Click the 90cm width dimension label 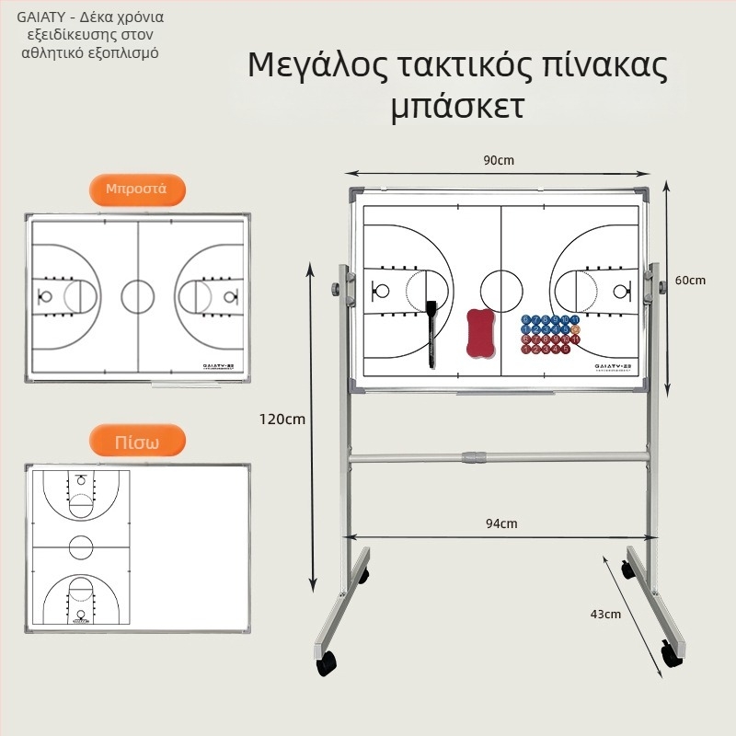pos(499,160)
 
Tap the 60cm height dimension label pos(691,280)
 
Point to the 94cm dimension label pos(501,523)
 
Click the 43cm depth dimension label pos(606,614)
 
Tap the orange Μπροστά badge pos(136,190)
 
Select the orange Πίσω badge pos(136,442)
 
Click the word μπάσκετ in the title pos(457,107)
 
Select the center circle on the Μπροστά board pos(138,296)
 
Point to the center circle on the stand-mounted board pos(501,289)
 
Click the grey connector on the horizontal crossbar pos(473,456)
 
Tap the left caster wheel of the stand pos(327,661)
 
